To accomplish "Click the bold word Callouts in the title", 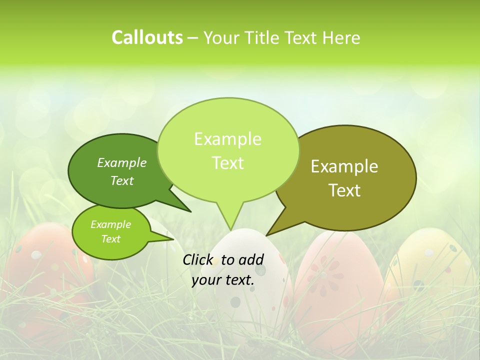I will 147,37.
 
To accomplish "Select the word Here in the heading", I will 339,37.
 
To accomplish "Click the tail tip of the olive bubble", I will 267,234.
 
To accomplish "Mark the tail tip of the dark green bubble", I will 190,211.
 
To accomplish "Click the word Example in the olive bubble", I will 344,166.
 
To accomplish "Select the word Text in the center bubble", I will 228,163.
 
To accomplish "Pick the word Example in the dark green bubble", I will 122,162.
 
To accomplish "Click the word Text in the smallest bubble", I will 111,239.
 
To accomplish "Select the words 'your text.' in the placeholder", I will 223,280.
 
